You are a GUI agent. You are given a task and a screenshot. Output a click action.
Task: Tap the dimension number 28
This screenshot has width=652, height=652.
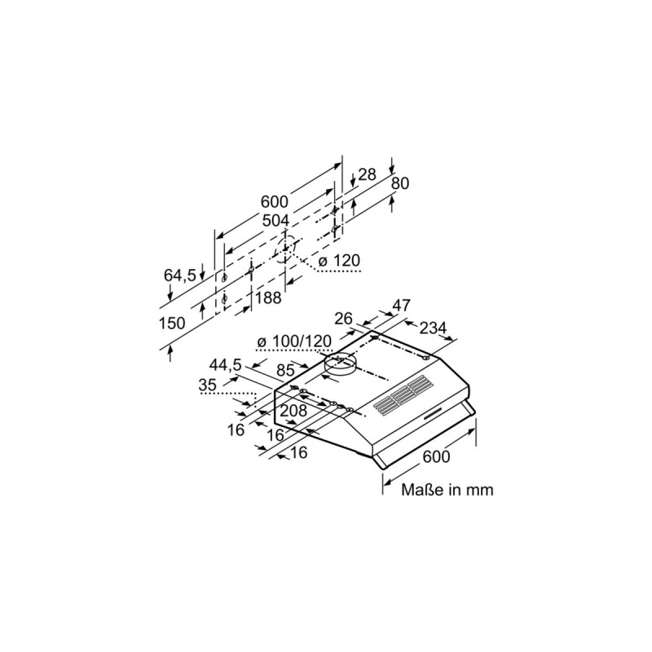tap(368, 174)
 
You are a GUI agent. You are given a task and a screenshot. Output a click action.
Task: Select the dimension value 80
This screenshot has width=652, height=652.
tap(399, 184)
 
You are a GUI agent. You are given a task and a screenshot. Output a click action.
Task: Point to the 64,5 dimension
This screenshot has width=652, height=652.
tap(180, 275)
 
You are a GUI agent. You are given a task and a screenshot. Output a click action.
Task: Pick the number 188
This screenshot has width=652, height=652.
tap(268, 298)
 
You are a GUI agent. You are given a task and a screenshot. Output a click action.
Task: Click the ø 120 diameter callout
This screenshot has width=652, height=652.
tap(338, 261)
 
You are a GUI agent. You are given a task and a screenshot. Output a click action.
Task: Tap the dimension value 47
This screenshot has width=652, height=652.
tap(402, 306)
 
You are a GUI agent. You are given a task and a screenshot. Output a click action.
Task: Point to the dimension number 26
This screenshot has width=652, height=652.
tap(344, 318)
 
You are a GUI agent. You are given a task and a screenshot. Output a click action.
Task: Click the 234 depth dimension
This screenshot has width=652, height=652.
tap(434, 328)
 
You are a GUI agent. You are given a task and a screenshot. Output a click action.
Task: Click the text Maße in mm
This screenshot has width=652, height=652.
tap(447, 490)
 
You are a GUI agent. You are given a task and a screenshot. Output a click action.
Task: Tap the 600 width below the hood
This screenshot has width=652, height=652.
tap(436, 457)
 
